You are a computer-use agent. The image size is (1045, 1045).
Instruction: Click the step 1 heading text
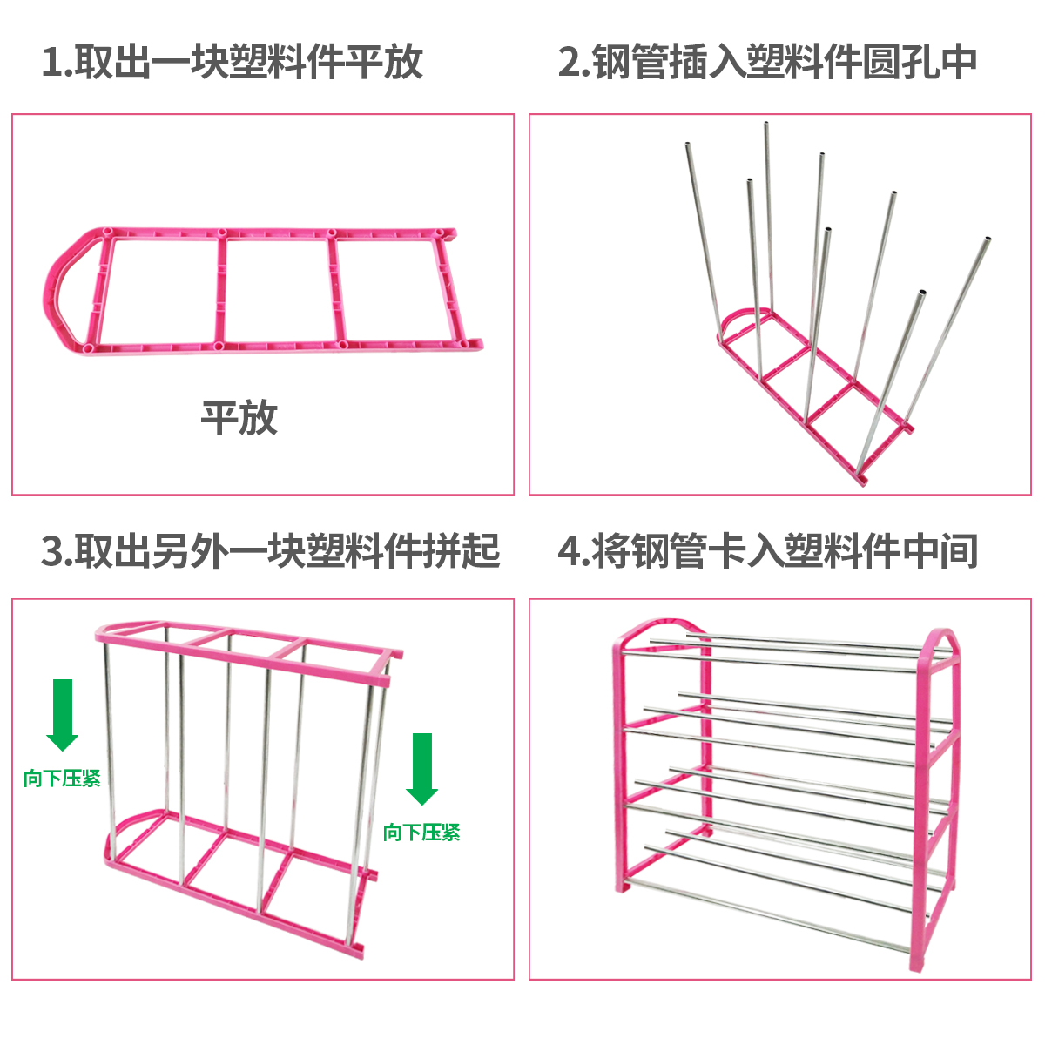[x=233, y=62]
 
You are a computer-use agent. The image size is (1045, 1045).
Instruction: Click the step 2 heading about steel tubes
[x=767, y=62]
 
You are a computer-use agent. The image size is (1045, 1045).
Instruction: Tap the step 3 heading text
[x=270, y=550]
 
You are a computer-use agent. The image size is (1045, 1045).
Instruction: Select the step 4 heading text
[x=767, y=550]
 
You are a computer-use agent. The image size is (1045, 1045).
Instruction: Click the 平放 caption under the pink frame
[x=239, y=418]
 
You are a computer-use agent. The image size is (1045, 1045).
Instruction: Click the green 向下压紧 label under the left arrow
[x=63, y=779]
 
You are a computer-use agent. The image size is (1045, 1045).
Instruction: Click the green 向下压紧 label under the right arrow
[x=421, y=833]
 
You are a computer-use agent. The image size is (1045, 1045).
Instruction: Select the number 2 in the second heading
[x=570, y=63]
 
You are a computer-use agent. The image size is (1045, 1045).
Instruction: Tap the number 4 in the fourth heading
[x=570, y=551]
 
